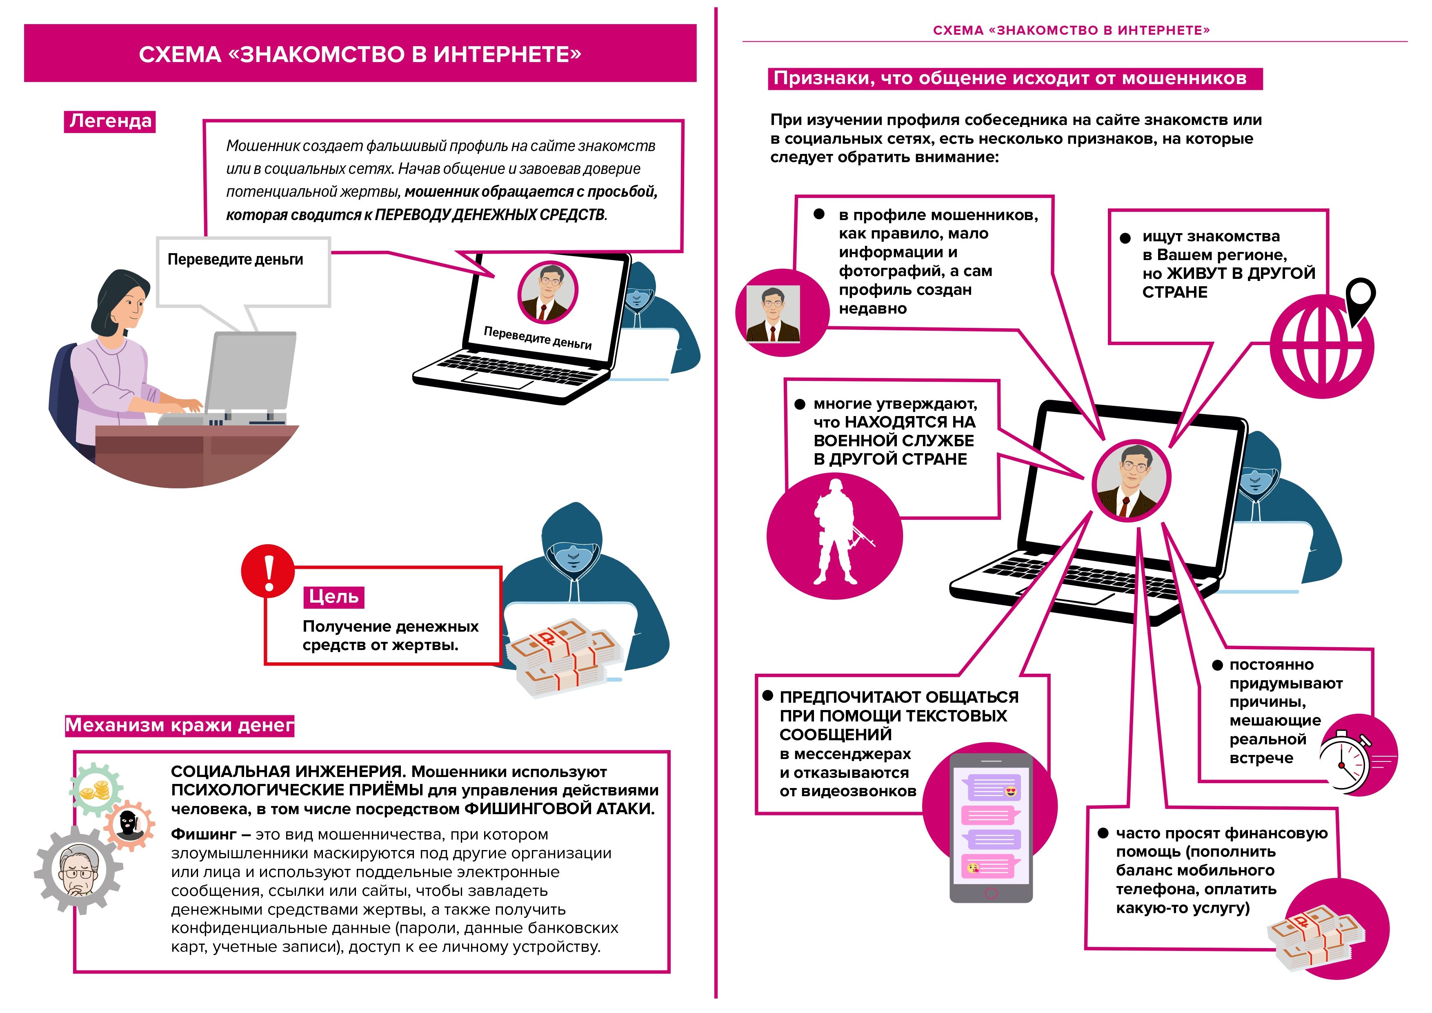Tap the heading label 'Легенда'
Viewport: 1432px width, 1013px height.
tap(110, 121)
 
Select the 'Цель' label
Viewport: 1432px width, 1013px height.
tap(334, 597)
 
